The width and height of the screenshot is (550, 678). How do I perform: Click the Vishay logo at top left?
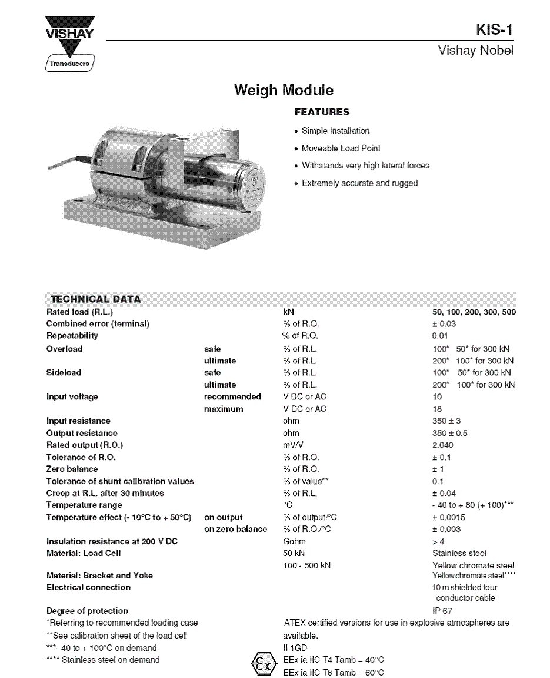click(70, 33)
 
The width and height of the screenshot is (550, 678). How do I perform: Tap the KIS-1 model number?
click(495, 29)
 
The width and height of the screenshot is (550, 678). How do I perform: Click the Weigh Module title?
click(284, 90)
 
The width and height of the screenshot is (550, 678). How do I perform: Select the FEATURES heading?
click(322, 112)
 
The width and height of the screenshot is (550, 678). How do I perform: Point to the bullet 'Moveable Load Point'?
click(341, 148)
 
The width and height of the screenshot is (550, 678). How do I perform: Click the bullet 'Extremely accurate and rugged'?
click(359, 183)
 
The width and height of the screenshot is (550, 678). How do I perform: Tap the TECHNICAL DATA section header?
click(96, 299)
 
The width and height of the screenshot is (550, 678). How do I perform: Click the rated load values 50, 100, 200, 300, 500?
click(474, 312)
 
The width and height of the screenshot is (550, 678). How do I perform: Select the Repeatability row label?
click(72, 336)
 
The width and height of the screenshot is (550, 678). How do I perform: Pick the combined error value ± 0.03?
click(444, 324)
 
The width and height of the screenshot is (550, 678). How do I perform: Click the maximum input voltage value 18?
click(437, 409)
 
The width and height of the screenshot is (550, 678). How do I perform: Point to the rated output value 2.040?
click(443, 445)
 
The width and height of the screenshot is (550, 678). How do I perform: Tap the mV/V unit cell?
click(293, 445)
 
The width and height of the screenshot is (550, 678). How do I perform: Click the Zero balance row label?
click(72, 469)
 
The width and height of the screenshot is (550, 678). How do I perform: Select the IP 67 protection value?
click(442, 611)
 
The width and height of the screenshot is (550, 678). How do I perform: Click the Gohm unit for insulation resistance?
click(294, 541)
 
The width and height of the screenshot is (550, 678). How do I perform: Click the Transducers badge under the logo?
click(69, 63)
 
